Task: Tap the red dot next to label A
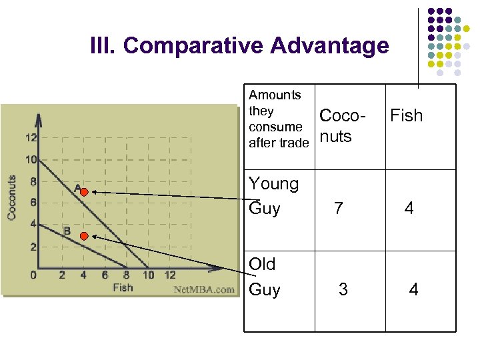coord(84,192)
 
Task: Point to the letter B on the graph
coord(67,231)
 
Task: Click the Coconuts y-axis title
coord(11,197)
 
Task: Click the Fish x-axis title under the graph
coord(123,287)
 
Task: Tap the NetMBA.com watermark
coord(204,289)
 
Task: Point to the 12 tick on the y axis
coord(31,137)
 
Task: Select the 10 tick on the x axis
coord(147,275)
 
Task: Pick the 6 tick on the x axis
coord(105,275)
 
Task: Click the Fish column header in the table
coord(406,115)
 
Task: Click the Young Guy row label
coord(273,195)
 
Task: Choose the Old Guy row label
coord(264,277)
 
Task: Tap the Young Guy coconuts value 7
coord(339,209)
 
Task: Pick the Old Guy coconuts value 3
coord(343,289)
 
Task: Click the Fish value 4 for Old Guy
coord(413,289)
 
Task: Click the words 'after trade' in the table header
coord(279,142)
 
